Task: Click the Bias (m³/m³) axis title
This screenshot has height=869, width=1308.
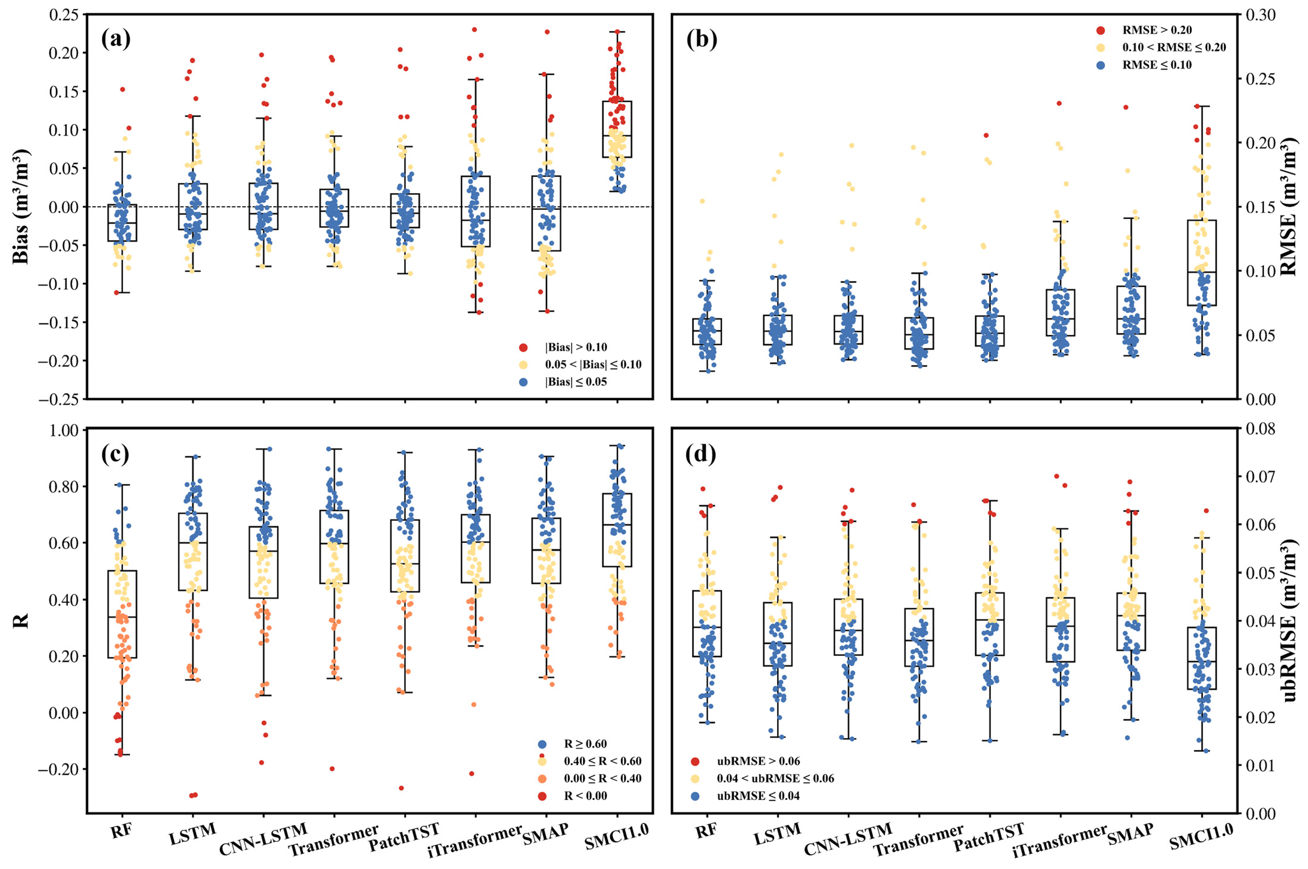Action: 21,206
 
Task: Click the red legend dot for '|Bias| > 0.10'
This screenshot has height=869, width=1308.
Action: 522,347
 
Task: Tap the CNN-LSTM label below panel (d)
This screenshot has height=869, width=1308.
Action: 848,838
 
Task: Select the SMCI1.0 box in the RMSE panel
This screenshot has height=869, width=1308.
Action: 1202,263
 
